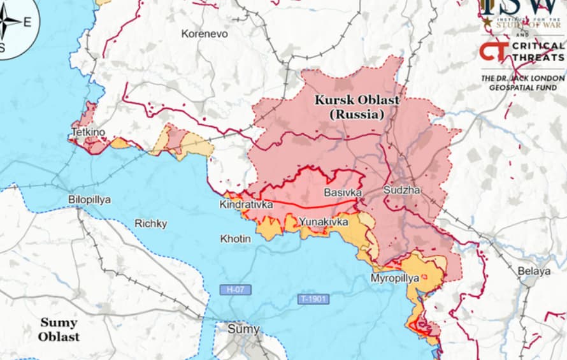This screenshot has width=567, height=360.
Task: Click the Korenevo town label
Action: [204, 34]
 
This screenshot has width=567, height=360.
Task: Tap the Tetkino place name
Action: [88, 133]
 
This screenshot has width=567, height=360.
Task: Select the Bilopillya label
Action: [89, 199]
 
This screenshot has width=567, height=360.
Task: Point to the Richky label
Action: [150, 224]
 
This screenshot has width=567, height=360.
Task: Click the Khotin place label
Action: [235, 239]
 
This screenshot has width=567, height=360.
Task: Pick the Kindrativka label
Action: [246, 205]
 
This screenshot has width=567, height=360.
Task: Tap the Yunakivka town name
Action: [324, 222]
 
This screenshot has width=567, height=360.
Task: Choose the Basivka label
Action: [343, 192]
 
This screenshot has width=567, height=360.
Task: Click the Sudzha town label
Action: [401, 190]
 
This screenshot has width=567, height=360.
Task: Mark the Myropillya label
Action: [395, 278]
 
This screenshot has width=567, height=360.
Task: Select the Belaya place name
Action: [534, 271]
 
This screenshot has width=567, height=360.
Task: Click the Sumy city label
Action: [244, 329]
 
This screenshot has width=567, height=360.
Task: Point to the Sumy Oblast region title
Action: [59, 329]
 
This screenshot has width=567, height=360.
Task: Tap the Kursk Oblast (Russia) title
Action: [357, 108]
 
